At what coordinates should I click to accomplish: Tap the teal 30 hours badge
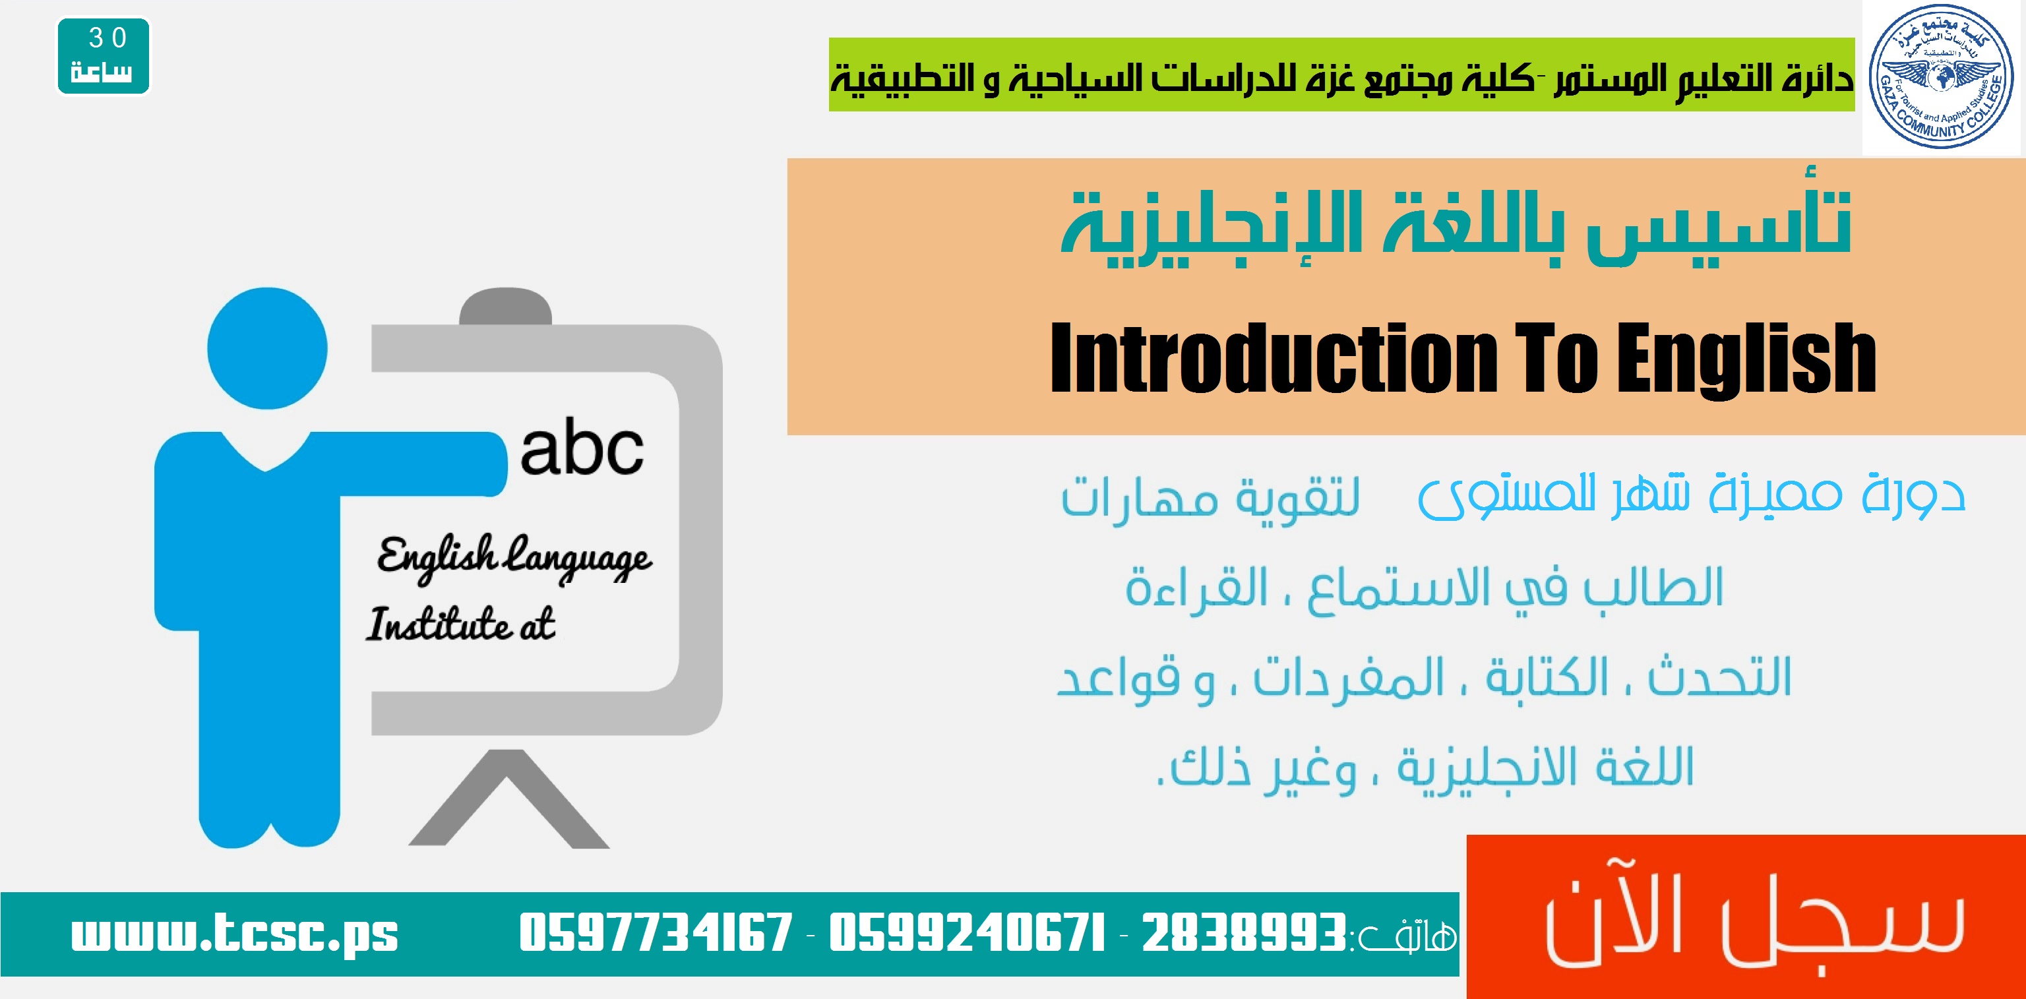[x=103, y=56]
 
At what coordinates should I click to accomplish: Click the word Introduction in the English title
[x=1274, y=358]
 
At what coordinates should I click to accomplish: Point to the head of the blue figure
[x=267, y=348]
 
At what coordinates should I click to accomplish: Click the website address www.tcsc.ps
[x=234, y=933]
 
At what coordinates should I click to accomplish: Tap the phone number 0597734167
[x=655, y=933]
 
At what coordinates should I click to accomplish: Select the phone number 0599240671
[x=967, y=933]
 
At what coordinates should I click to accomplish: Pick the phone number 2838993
[x=1243, y=933]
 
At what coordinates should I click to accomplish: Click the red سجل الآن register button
[x=1746, y=917]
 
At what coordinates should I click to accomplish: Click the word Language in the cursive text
[x=578, y=558]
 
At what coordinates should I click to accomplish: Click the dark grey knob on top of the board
[x=506, y=307]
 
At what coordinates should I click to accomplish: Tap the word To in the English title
[x=1556, y=358]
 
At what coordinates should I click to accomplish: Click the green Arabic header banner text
[x=1341, y=77]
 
